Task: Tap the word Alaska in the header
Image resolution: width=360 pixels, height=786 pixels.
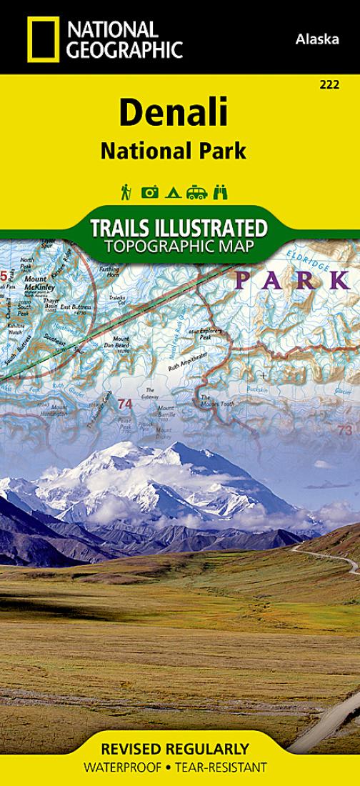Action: point(316,40)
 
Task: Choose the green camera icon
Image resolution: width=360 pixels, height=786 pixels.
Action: point(150,191)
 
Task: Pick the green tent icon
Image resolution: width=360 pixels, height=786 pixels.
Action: point(172,191)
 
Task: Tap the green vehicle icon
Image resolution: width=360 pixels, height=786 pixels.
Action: point(196,191)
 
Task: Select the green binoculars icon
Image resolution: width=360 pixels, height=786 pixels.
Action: point(221,191)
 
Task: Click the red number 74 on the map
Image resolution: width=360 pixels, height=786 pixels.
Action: point(126,404)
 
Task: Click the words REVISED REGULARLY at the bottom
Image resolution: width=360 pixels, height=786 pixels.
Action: point(175,750)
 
